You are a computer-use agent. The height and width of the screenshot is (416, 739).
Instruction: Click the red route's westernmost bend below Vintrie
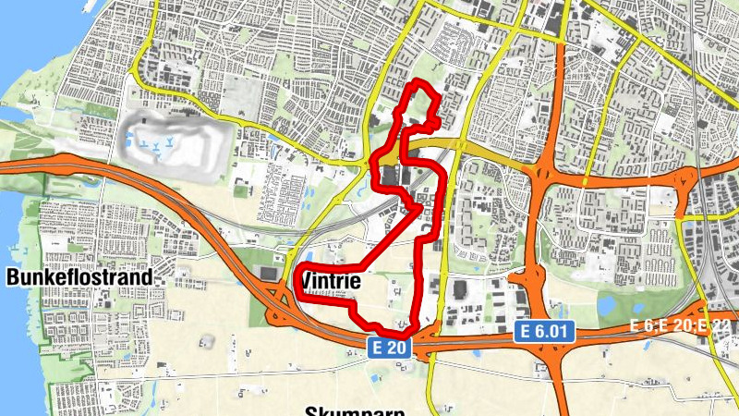coord(297,288)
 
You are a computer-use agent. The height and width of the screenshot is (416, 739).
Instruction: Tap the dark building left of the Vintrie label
coord(269,274)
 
